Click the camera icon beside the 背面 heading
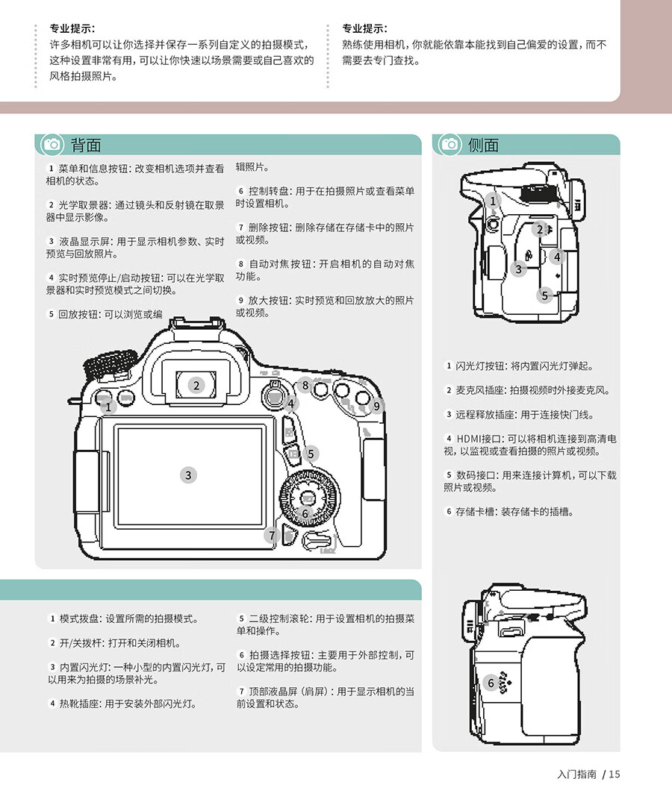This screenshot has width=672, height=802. coord(52,145)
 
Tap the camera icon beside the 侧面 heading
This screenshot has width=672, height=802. coord(449,145)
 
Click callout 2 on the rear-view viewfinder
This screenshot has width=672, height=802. coord(196,386)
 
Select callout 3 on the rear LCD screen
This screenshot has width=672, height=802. coord(188,475)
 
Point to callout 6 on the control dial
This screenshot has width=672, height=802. coord(305,513)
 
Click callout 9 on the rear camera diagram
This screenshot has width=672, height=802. coord(376,406)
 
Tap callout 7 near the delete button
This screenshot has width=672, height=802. coord(272,536)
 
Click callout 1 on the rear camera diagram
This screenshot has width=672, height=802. coord(108,407)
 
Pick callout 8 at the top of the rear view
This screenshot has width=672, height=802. coord(305,385)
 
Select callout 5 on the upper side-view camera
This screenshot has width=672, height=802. coord(544,295)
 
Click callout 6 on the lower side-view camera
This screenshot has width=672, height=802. coord(491,683)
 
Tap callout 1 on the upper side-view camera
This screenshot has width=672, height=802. coord(493,201)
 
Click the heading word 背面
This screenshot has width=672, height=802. coord(86,145)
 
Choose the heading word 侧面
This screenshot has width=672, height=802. coord(483,145)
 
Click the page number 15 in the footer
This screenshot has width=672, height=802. coord(615,774)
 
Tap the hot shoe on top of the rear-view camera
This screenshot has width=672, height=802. coord(198,325)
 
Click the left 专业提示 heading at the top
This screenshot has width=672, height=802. coord(72,28)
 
